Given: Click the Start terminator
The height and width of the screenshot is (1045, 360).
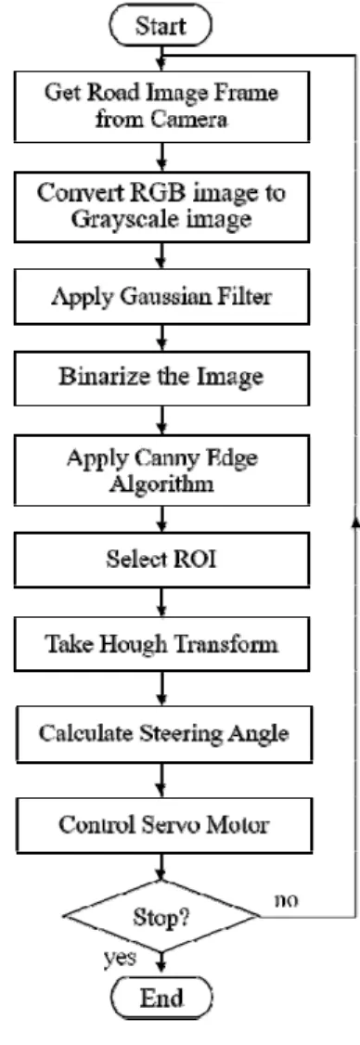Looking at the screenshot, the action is click(x=161, y=26).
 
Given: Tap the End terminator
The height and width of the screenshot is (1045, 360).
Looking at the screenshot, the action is click(x=161, y=998).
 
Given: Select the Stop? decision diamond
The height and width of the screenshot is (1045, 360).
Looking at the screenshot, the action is click(x=161, y=917).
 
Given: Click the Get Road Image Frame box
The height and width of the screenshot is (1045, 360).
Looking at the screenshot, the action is click(x=161, y=105).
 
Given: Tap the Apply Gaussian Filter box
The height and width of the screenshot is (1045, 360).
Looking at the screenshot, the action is click(x=161, y=296).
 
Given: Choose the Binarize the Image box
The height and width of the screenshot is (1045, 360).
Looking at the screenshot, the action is click(x=161, y=377).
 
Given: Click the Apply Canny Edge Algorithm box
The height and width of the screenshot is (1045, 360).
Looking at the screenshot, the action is click(x=161, y=471).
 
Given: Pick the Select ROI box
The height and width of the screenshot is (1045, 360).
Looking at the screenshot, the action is click(x=161, y=561).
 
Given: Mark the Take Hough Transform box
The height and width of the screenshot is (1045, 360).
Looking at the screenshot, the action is click(x=161, y=645).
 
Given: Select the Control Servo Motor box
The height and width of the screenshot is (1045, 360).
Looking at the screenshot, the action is click(x=161, y=824).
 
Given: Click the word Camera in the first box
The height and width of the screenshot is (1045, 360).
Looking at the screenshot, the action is click(x=192, y=120).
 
